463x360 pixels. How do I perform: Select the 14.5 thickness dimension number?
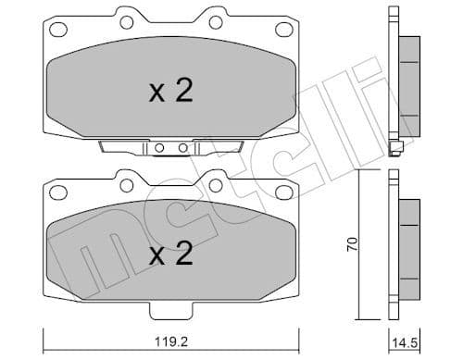[x=401, y=341]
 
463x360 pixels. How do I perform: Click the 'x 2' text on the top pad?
[x=170, y=92]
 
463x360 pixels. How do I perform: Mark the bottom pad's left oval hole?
[x=57, y=192]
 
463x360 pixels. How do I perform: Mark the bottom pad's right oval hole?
[x=284, y=192]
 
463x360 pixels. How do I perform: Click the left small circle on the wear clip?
[x=160, y=148]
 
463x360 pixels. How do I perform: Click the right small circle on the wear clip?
[x=183, y=148]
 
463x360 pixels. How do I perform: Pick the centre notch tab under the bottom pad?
[x=170, y=308]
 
